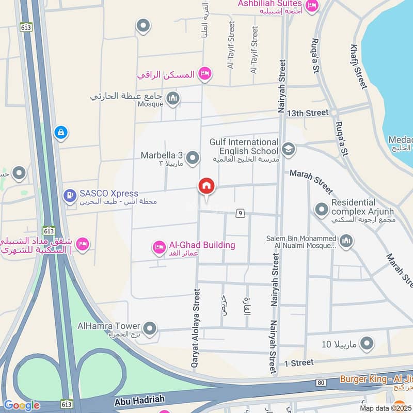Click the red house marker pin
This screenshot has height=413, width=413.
(206, 186)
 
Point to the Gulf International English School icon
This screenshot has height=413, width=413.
(288, 150)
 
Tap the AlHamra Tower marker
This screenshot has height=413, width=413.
(150, 328)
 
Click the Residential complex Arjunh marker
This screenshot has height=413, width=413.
(322, 209)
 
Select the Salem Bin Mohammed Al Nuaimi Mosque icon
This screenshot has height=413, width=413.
(346, 241)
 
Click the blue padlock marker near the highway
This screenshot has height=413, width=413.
(61, 133)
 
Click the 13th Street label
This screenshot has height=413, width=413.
(308, 113)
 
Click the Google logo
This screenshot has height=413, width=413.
(21, 405)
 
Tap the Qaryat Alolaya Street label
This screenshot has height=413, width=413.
(196, 328)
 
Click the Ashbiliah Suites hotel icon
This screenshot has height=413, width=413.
(312, 6)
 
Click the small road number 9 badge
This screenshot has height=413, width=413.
(240, 213)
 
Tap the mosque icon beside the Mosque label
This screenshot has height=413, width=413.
(173, 98)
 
